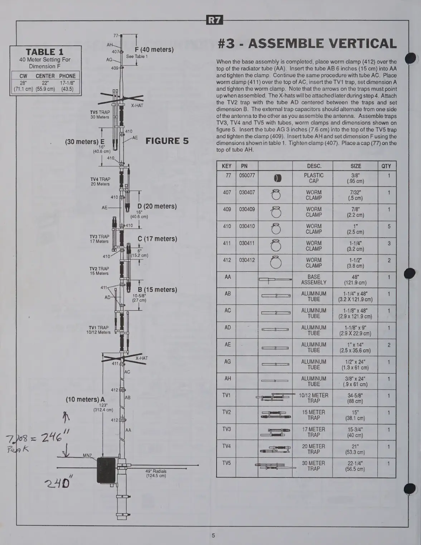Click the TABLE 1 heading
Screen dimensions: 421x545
[x=45, y=52]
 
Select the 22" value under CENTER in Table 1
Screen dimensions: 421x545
[x=45, y=83]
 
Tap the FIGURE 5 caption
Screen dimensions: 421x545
[x=167, y=141]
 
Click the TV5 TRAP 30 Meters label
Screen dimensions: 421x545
[x=100, y=114]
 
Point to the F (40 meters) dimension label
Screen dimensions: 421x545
[x=154, y=50]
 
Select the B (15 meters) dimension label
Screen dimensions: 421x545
[x=157, y=289]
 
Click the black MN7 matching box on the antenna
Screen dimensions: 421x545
[x=106, y=470]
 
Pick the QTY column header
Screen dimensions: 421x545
[x=386, y=166]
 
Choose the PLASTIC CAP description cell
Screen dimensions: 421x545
[x=314, y=178]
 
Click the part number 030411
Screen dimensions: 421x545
[x=247, y=243]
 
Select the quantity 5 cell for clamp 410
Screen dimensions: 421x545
[x=389, y=226]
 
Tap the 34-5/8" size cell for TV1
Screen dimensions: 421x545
[x=355, y=398]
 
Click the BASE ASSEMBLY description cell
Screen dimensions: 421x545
[x=314, y=279]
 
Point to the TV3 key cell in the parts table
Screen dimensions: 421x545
[x=227, y=429]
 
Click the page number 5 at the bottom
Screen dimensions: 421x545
[x=213, y=535]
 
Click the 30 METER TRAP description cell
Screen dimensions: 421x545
[x=314, y=466]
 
